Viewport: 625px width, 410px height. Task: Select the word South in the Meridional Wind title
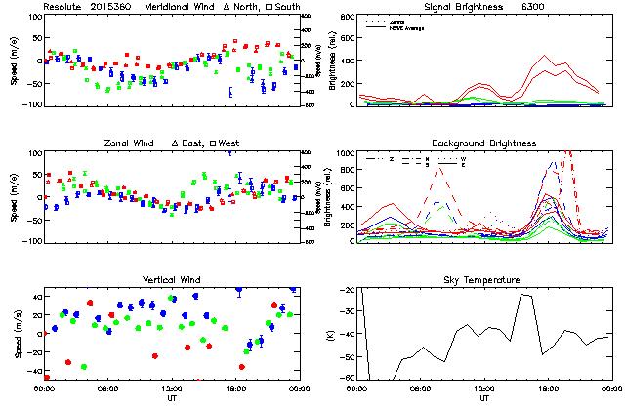point(281,6)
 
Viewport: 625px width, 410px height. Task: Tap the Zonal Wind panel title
point(132,143)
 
